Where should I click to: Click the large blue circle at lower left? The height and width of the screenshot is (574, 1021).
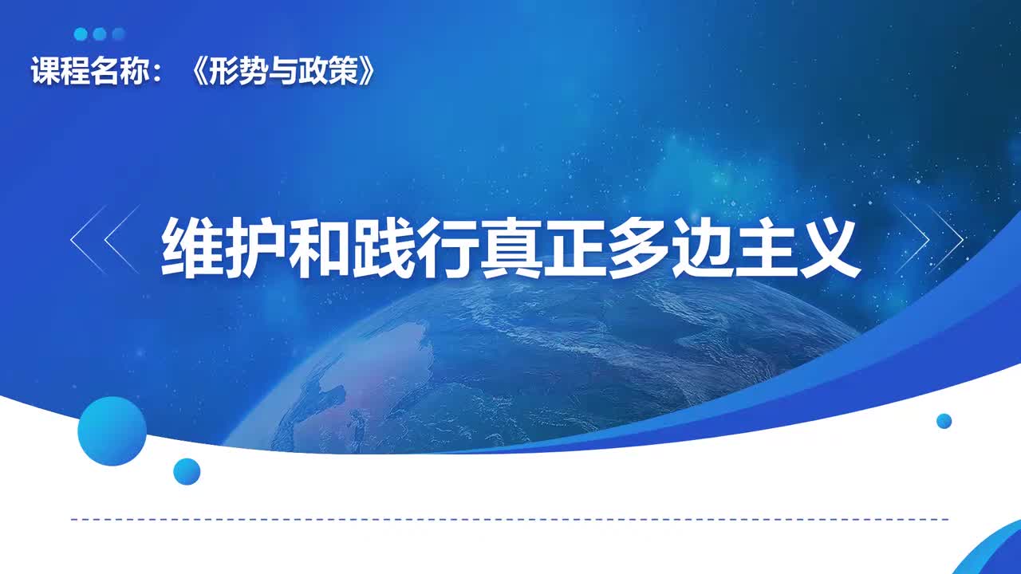(112, 431)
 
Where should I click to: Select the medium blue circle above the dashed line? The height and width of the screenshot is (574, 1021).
(187, 471)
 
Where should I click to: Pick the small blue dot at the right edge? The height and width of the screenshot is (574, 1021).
(944, 421)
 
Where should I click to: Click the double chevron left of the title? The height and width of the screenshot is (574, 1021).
(104, 239)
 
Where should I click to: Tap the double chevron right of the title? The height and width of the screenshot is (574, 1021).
(928, 239)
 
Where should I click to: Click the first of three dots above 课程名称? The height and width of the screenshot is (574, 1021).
(81, 34)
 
